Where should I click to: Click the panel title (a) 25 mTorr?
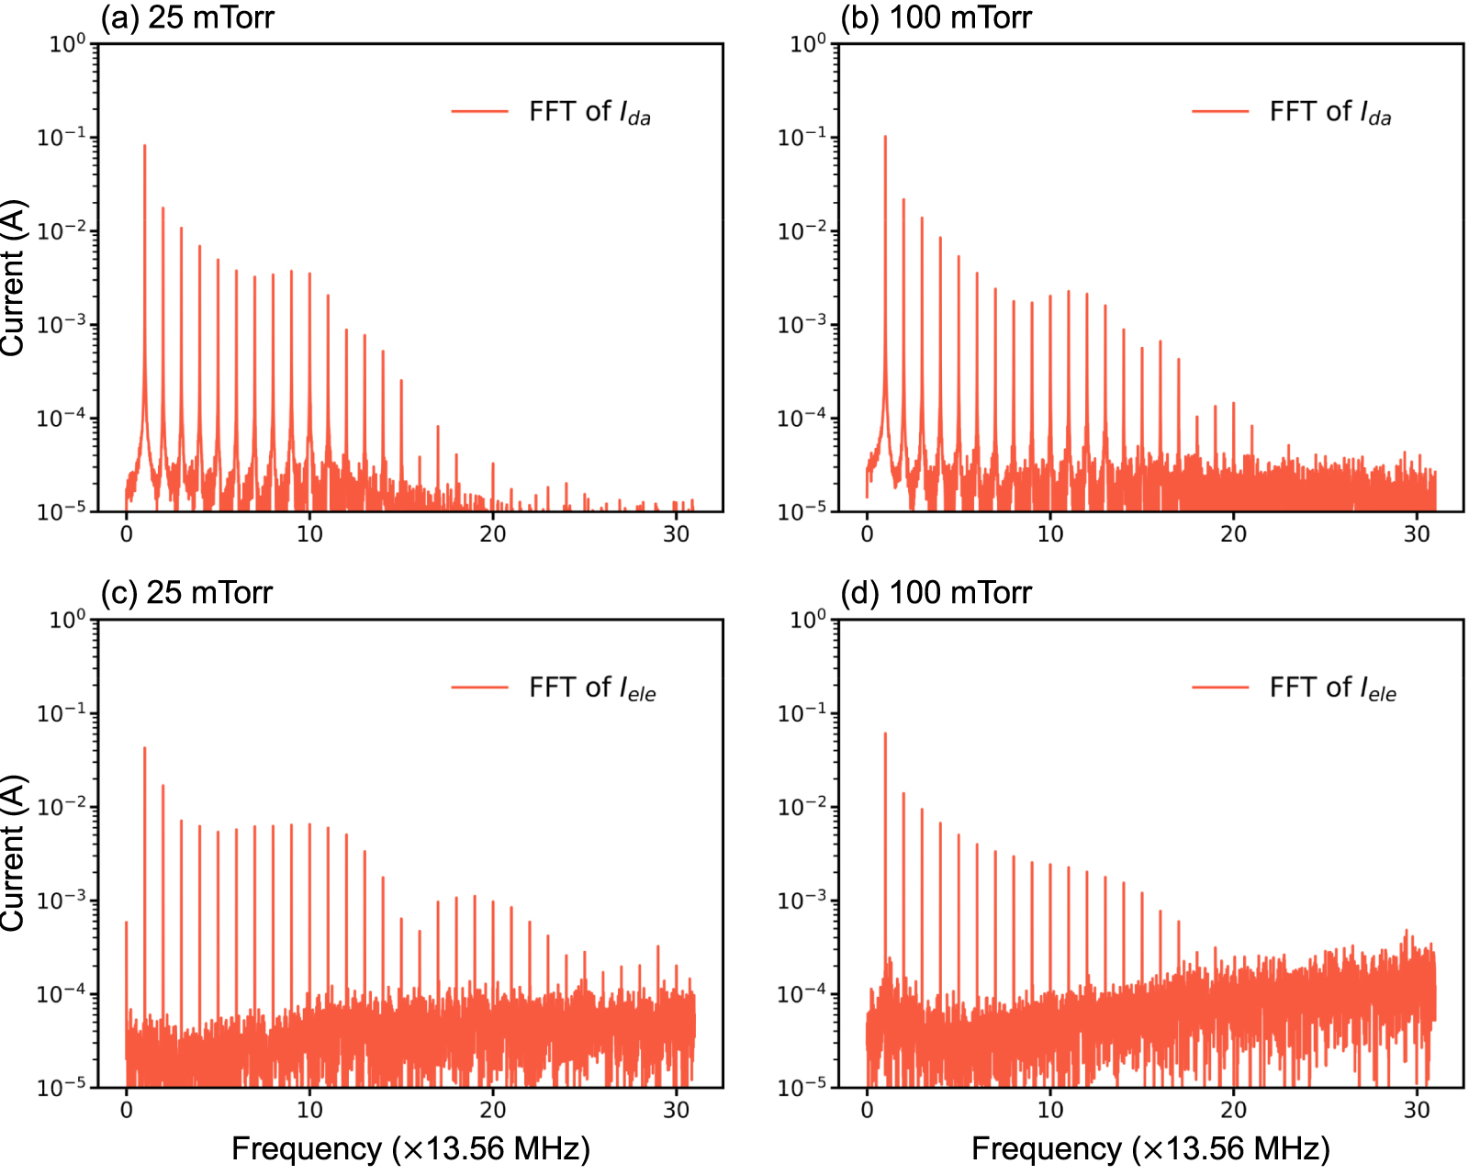(186, 17)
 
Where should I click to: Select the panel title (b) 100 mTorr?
(936, 17)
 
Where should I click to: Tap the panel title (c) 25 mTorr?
(186, 592)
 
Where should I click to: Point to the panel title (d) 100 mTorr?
(936, 592)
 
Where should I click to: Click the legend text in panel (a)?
(589, 112)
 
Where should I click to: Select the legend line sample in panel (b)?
(1220, 112)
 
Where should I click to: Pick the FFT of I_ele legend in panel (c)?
(592, 688)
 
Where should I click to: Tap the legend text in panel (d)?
(1332, 688)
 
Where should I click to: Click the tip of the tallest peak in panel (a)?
(144, 146)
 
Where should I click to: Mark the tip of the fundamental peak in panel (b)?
(885, 137)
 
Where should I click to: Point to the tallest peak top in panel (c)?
(144, 748)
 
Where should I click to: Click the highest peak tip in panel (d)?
(885, 733)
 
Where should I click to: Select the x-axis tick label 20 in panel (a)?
(493, 534)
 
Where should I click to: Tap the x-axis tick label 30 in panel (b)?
(1417, 534)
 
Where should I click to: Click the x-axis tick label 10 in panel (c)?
(309, 1110)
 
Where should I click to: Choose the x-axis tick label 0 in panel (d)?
(867, 1110)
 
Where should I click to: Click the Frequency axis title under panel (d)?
(1150, 1148)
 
